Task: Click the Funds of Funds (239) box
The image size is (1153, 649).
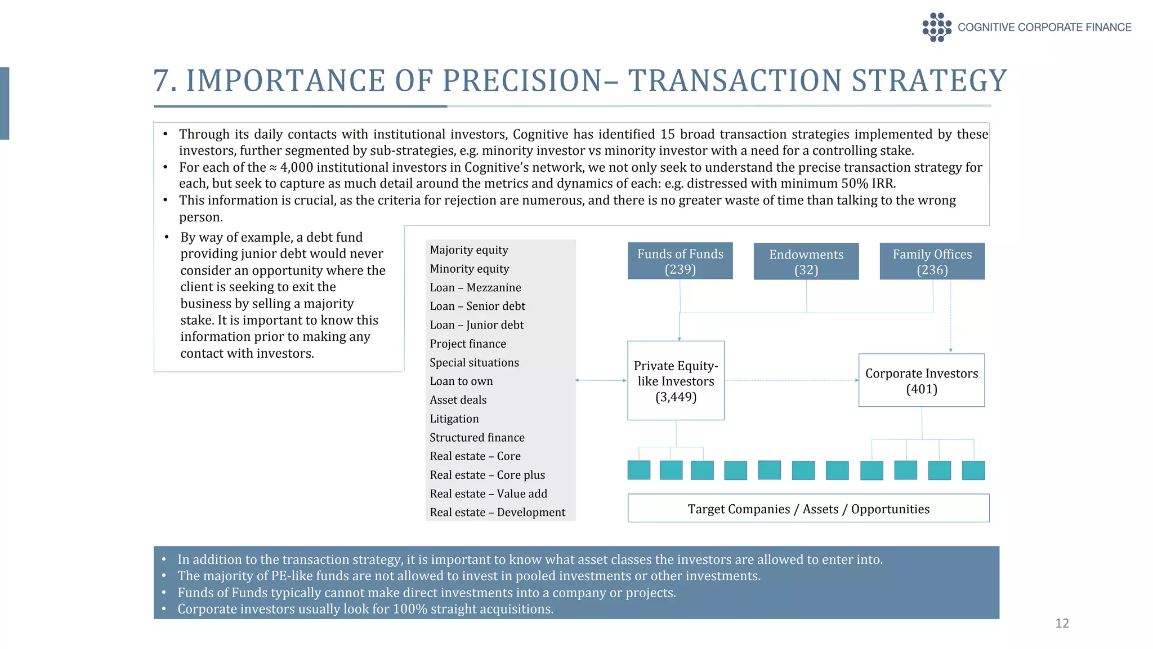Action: tap(680, 261)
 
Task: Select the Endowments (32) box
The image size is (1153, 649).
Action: tap(806, 261)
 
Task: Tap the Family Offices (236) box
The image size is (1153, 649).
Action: tap(932, 261)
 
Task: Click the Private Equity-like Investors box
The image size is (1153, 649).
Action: tap(676, 381)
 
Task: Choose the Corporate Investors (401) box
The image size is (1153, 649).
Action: tap(921, 381)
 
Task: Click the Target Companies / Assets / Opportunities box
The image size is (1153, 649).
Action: tap(808, 509)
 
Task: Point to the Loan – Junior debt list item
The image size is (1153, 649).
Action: tap(476, 325)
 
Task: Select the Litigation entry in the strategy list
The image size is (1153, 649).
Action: tap(454, 419)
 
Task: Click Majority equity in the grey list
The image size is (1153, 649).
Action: tap(468, 250)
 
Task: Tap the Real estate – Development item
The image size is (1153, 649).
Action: tap(497, 512)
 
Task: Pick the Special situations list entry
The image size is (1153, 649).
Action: tap(474, 363)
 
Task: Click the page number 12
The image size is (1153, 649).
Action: tap(1062, 623)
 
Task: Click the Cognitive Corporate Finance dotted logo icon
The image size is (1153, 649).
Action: tap(936, 27)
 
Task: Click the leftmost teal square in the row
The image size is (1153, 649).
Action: tap(639, 470)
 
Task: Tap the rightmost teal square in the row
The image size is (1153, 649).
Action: tap(973, 470)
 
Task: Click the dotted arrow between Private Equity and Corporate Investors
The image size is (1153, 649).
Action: tap(791, 381)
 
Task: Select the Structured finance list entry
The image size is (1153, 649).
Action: tap(477, 438)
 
